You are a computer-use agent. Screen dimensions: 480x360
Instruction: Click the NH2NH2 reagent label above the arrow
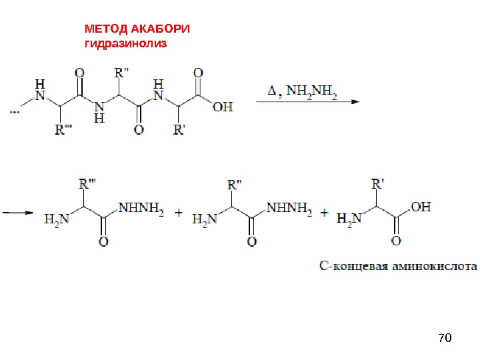coord(313,93)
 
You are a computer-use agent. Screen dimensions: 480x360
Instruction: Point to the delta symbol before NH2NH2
coord(271,93)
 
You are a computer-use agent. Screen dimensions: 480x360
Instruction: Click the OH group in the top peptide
coord(223,107)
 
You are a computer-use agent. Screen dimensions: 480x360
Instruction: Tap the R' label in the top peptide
coord(179,129)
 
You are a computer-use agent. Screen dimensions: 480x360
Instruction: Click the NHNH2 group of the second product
coord(289,209)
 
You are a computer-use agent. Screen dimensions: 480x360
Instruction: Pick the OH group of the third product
coord(421,207)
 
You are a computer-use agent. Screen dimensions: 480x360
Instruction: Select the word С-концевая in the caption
coord(357,267)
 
